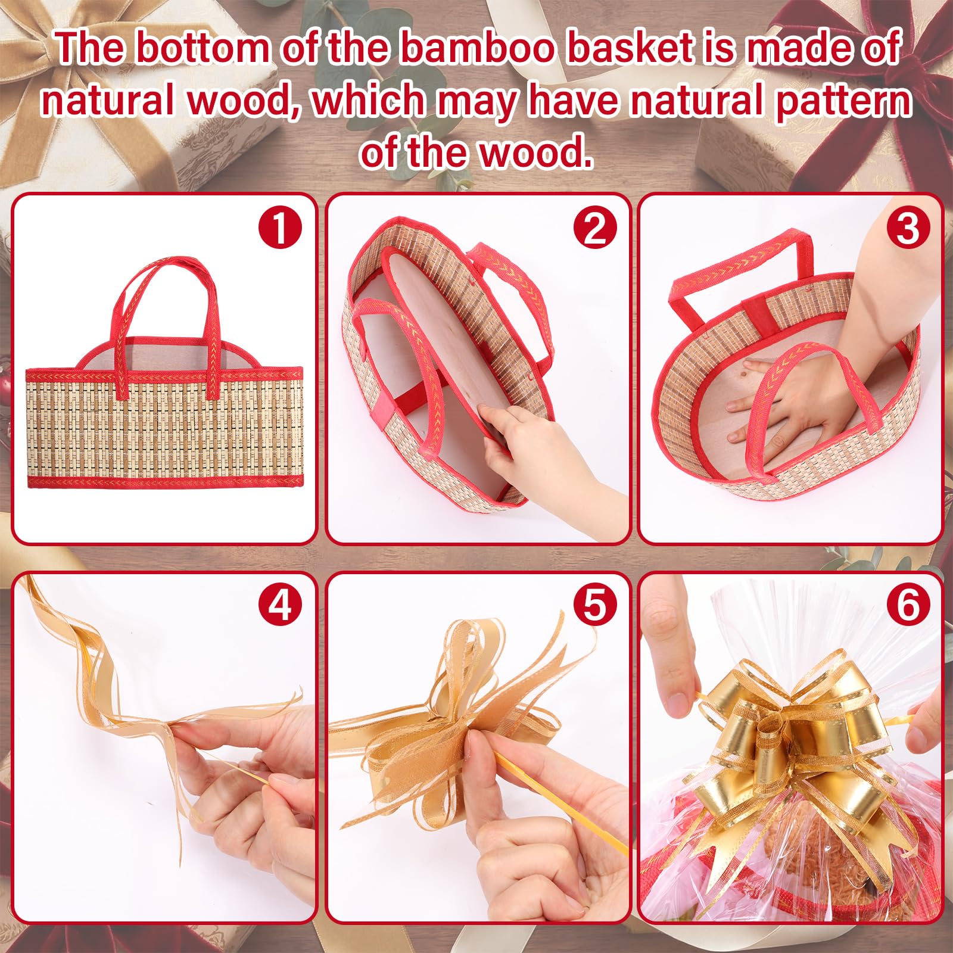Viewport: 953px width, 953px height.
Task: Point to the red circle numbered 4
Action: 280,606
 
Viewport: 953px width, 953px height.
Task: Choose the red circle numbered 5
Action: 594,606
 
